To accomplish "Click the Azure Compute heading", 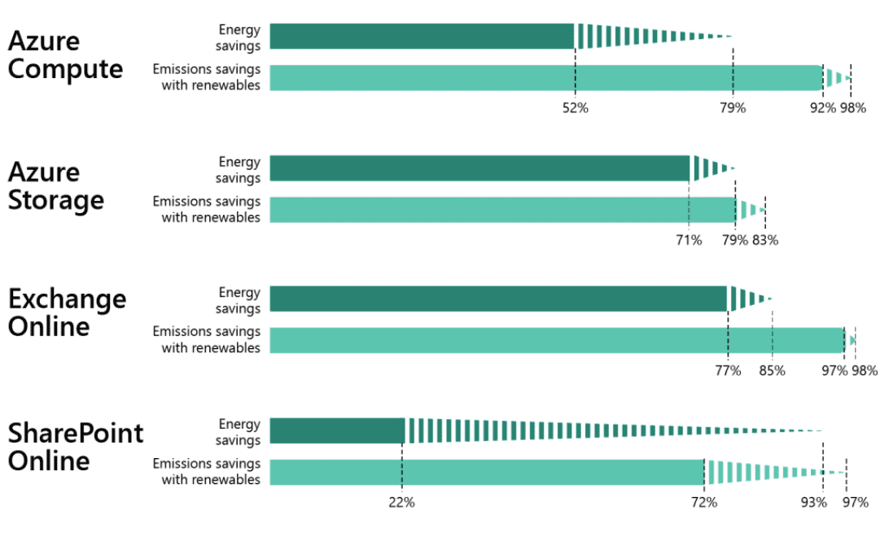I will point(65,55).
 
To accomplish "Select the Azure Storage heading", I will point(56,186).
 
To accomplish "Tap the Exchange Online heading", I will point(67,312).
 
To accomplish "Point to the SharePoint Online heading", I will point(75,446).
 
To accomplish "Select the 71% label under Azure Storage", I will point(689,240).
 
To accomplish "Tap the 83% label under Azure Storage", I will point(765,240).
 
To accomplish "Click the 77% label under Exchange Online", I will point(728,371).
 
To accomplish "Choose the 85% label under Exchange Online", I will point(772,371).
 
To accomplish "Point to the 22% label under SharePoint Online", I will point(401,503).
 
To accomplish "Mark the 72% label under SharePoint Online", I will point(704,503).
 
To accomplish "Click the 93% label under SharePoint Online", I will point(813,503).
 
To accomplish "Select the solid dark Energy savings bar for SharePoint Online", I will point(336,430).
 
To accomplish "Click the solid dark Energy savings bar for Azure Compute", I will point(422,37).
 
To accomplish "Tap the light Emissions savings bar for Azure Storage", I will point(502,210).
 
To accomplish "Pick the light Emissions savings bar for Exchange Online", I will point(556,340).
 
